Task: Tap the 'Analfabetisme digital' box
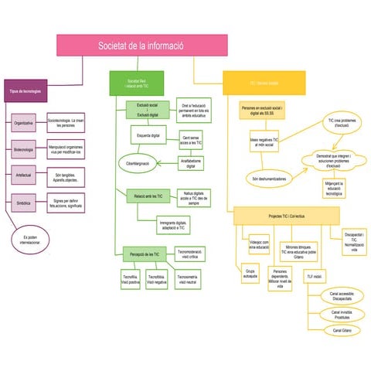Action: coord(191,163)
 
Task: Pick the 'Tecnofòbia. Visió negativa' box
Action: coord(156,279)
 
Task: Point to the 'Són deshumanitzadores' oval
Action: coord(266,179)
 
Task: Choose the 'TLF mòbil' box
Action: coord(315,276)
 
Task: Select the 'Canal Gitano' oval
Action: coord(342,330)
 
